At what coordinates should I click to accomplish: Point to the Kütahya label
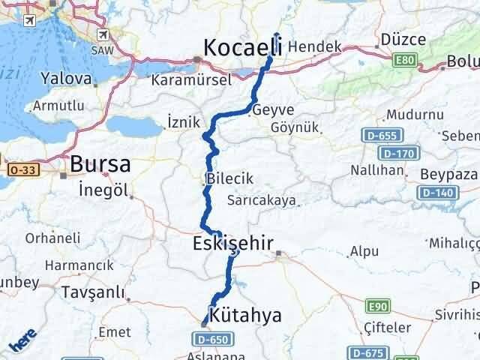tap(246, 315)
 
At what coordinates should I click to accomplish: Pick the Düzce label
tap(403, 39)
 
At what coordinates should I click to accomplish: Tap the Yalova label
tap(67, 77)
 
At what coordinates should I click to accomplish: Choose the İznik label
tap(182, 121)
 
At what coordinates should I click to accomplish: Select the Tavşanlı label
tap(93, 291)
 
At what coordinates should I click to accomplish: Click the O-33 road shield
tap(16, 171)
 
